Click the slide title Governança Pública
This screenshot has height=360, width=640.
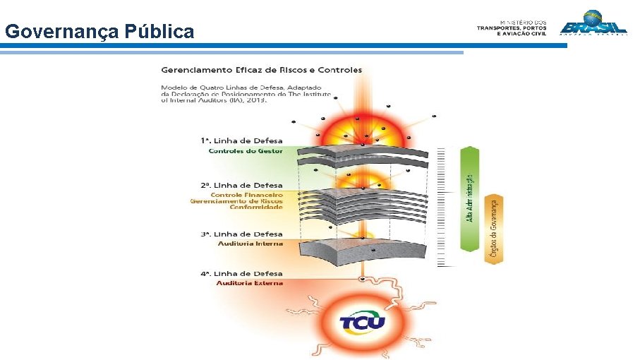[99, 32]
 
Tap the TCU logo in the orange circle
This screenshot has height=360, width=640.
[362, 323]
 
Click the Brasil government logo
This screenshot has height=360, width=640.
[593, 23]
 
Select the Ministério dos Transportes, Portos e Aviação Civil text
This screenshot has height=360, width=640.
[512, 28]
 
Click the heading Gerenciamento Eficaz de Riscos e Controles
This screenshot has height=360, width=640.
[261, 70]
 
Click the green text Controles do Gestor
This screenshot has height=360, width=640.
[246, 151]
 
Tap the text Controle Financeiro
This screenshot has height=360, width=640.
[247, 195]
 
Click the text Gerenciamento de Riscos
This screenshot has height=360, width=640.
[236, 201]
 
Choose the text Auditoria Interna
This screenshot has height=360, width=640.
[250, 244]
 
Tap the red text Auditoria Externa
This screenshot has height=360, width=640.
[250, 283]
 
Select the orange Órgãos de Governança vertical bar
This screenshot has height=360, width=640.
[494, 229]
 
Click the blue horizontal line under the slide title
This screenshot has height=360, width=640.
[282, 46]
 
